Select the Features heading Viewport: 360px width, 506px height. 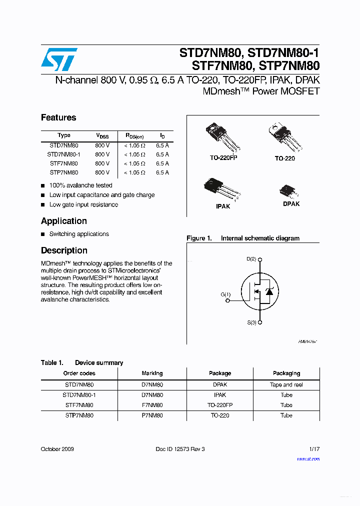click(58, 118)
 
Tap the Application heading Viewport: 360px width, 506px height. click(63, 221)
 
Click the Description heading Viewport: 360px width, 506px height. click(64, 250)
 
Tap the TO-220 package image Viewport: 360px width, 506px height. click(285, 137)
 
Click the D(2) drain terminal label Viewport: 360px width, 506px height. click(251, 259)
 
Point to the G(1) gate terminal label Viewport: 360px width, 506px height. click(225, 294)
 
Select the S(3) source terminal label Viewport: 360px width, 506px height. click(251, 323)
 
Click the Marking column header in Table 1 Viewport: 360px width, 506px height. click(152, 373)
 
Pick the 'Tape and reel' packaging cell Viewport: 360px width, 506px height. click(286, 385)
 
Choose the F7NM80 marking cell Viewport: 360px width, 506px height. click(152, 405)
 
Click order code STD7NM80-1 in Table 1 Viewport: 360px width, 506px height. click(79, 395)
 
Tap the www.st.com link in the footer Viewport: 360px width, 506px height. click(308, 459)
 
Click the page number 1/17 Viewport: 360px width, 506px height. click(313, 449)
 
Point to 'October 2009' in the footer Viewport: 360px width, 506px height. click(57, 449)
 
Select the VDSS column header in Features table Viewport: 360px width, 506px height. click(102, 136)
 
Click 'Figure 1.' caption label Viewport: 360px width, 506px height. click(199, 238)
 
